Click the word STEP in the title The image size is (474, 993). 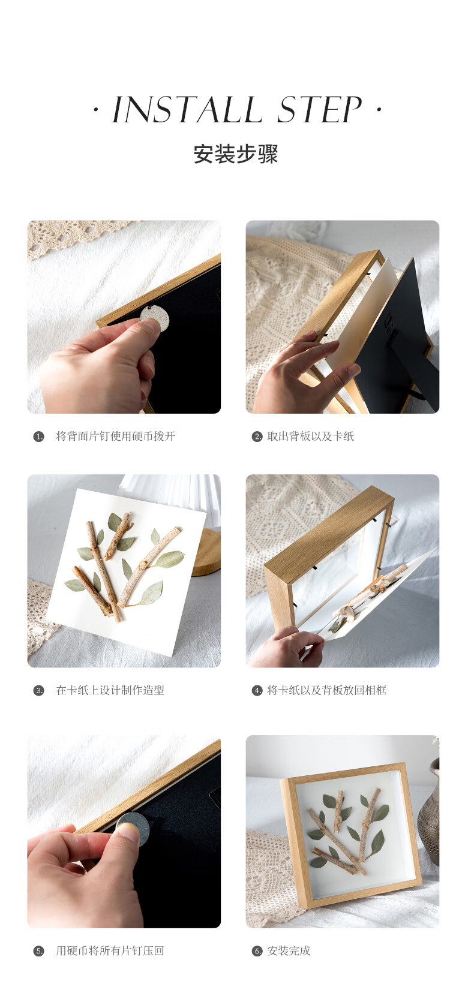(319, 109)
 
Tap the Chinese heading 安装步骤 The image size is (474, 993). (236, 154)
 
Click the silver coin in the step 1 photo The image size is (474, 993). (155, 318)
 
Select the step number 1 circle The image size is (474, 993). (39, 437)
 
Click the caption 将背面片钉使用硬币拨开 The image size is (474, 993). (115, 436)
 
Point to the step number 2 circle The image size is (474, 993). (257, 437)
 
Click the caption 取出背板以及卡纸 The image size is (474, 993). (310, 436)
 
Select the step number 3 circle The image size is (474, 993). (39, 690)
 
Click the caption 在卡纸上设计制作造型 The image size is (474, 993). (110, 690)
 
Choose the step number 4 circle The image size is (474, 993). (257, 690)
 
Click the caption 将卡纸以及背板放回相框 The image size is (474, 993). (327, 690)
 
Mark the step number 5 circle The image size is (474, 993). (39, 951)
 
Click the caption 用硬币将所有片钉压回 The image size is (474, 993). (110, 950)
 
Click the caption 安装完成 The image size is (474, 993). (289, 950)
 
